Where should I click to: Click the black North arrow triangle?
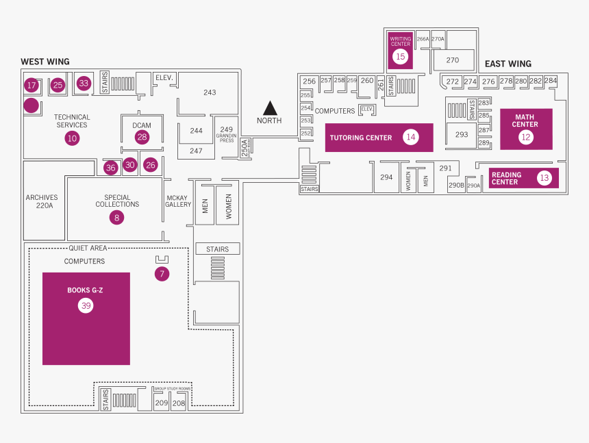click(x=270, y=108)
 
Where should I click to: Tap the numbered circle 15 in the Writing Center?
click(x=401, y=57)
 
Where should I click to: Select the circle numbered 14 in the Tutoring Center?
click(x=410, y=137)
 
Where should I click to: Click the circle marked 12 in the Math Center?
click(x=525, y=136)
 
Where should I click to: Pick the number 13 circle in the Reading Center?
click(x=544, y=178)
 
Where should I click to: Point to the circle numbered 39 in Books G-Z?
click(x=86, y=305)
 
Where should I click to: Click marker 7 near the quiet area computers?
click(x=162, y=274)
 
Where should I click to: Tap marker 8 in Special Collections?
click(x=116, y=218)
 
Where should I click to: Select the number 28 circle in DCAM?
click(x=142, y=137)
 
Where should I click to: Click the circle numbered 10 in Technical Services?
click(x=72, y=138)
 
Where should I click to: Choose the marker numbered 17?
click(x=31, y=86)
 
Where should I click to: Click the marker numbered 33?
click(x=84, y=84)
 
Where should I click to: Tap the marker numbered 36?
click(x=111, y=167)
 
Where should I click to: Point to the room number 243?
click(x=210, y=92)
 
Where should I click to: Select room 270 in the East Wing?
click(x=452, y=60)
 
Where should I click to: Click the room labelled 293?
click(x=462, y=134)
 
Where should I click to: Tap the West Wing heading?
click(x=45, y=62)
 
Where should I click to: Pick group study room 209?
click(x=161, y=403)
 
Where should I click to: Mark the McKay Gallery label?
click(x=178, y=201)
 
